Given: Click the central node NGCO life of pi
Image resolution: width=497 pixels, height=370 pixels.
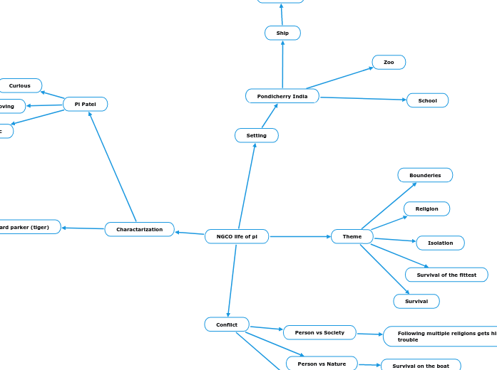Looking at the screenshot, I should [x=237, y=236].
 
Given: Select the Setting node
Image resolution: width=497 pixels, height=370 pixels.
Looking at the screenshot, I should [x=257, y=135].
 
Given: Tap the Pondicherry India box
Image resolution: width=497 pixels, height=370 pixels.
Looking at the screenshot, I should [x=282, y=96].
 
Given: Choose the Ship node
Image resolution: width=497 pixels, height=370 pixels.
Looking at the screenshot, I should [x=282, y=33].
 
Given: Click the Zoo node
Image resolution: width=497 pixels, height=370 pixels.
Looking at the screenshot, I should [x=389, y=63].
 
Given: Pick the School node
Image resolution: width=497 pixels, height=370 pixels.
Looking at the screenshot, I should [x=428, y=100].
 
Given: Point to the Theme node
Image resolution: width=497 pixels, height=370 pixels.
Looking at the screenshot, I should [x=352, y=236].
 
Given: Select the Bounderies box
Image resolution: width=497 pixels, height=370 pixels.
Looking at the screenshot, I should [x=425, y=175].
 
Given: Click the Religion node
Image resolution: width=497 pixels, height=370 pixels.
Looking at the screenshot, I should [x=427, y=208].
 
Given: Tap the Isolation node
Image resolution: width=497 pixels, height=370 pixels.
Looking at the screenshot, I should [x=440, y=243].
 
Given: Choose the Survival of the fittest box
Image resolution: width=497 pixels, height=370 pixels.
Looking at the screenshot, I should [x=446, y=275].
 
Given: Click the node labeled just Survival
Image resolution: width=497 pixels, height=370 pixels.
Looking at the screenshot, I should [x=416, y=301].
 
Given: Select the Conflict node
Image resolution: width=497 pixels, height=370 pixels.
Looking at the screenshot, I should [x=227, y=324].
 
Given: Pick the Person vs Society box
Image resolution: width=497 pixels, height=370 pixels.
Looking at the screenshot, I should [x=319, y=332].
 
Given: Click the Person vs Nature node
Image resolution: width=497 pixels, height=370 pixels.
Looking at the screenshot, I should [x=322, y=364].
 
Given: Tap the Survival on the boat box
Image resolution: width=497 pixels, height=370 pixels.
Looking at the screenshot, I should [x=421, y=366].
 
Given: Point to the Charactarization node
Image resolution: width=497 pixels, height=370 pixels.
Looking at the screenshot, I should [x=140, y=229].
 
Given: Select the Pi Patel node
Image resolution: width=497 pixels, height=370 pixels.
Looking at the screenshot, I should [x=85, y=104].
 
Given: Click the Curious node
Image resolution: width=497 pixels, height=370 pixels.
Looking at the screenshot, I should [x=20, y=85].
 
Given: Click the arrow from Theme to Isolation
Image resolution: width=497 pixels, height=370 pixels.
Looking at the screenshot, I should [x=394, y=239].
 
